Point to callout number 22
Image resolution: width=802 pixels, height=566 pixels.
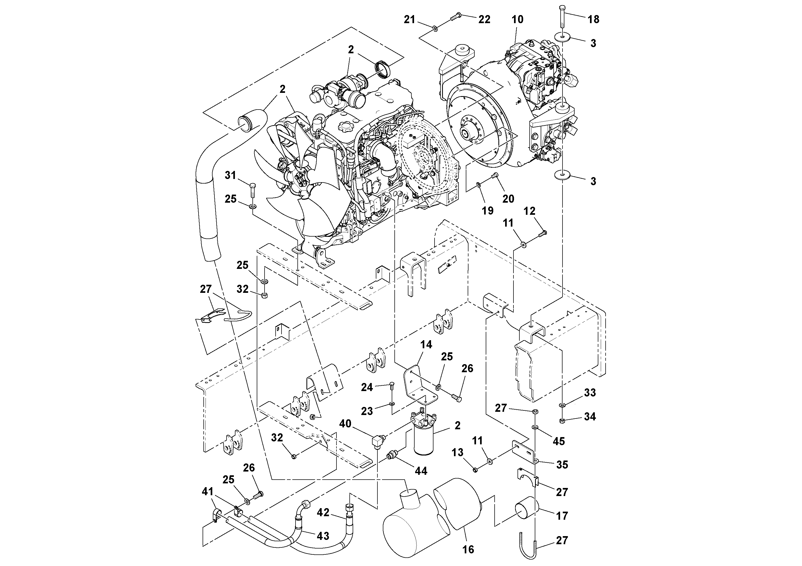484,20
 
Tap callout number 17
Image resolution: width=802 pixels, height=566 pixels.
562,515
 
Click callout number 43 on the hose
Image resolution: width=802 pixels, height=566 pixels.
322,536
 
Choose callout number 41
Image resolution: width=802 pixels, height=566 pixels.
207,492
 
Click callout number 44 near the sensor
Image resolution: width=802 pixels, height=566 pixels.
421,471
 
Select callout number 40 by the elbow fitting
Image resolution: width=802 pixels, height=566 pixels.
345,424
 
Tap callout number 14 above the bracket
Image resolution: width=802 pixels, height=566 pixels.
426,344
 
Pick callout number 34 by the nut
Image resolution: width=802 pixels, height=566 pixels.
590,416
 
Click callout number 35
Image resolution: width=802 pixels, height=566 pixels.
562,465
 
